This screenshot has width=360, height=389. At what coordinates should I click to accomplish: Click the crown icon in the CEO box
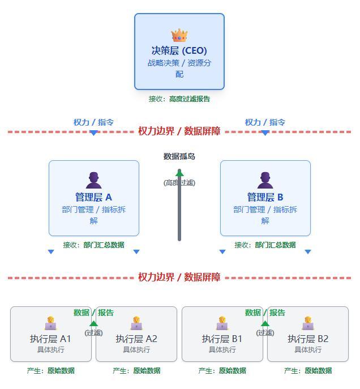(179, 36)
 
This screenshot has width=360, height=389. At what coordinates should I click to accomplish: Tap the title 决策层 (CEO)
(179, 50)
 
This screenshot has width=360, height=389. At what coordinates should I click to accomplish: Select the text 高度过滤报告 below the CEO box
(190, 99)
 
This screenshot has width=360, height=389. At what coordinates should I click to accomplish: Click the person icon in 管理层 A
(94, 181)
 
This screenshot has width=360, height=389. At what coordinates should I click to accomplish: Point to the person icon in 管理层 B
(265, 181)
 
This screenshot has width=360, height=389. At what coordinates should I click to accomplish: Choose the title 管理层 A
(94, 197)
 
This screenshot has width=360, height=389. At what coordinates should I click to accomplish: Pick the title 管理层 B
(265, 197)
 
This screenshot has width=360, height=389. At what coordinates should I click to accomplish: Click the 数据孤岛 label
(179, 156)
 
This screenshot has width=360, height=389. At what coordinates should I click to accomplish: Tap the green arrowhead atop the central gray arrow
(179, 173)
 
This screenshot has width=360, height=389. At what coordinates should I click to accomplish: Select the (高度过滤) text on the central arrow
(179, 183)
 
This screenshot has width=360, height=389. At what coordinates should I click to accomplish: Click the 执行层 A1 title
(50, 339)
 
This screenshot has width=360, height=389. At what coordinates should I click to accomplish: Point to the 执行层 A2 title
(136, 339)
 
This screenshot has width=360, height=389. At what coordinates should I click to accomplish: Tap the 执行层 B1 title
(222, 339)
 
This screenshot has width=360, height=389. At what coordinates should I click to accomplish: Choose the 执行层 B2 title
(308, 339)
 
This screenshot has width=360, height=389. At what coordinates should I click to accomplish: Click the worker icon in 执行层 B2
(308, 323)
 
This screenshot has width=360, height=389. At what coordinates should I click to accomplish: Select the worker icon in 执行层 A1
(50, 323)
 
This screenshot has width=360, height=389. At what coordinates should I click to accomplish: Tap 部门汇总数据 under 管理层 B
(275, 245)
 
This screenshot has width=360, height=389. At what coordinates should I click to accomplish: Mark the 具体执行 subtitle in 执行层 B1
(222, 350)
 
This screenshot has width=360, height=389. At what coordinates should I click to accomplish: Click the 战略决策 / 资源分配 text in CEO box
(179, 69)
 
